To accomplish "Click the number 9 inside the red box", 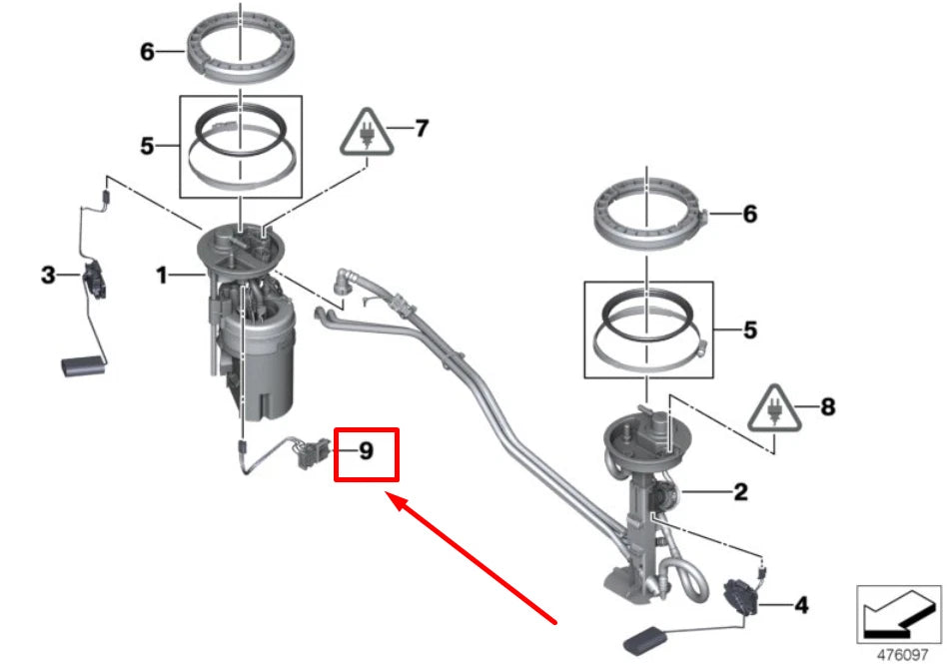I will (367, 451).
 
